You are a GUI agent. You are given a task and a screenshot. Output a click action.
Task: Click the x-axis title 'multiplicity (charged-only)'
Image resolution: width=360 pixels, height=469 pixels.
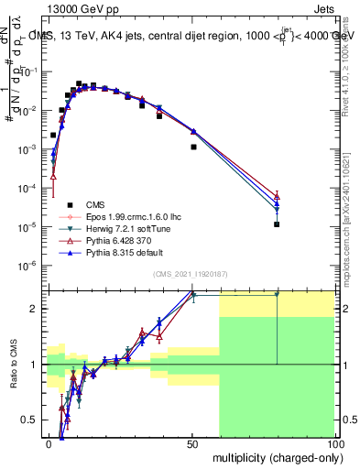pyautogui.click(x=274, y=456)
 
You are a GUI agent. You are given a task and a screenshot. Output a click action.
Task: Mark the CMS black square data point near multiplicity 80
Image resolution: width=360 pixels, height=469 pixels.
pyautogui.click(x=277, y=224)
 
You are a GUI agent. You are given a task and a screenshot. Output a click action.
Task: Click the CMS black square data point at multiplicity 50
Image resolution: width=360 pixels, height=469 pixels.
pyautogui.click(x=193, y=147)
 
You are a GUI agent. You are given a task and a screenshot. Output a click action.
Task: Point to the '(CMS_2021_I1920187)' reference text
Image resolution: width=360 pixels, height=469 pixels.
pyautogui.click(x=190, y=274)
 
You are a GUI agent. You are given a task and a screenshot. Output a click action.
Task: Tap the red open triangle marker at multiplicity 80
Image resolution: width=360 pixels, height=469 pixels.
pyautogui.click(x=277, y=196)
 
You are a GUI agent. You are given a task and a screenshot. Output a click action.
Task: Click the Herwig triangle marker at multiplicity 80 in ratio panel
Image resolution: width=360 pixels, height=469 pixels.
pyautogui.click(x=277, y=294)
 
